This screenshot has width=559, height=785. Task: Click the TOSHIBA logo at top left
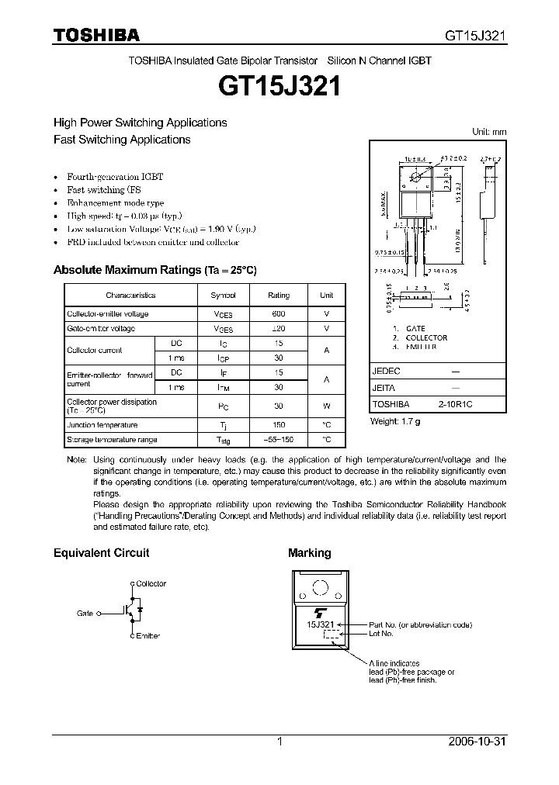[96, 35]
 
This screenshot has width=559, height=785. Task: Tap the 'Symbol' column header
[223, 296]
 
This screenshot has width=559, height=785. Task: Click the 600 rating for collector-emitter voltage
[279, 314]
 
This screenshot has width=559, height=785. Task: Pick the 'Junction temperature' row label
[102, 425]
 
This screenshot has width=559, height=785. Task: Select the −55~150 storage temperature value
[279, 440]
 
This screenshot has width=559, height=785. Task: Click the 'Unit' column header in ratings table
[326, 296]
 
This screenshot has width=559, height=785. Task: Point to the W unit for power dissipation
[326, 406]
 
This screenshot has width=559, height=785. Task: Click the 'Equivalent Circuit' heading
[101, 553]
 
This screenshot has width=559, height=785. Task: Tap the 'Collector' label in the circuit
[151, 584]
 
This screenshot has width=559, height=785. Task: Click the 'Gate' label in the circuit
[85, 613]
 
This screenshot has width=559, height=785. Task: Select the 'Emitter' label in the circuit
[148, 636]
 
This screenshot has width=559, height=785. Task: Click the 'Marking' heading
[309, 553]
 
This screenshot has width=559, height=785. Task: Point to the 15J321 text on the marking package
[321, 624]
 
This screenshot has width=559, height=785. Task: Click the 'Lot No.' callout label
[381, 634]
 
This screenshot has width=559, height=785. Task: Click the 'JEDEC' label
[386, 372]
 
